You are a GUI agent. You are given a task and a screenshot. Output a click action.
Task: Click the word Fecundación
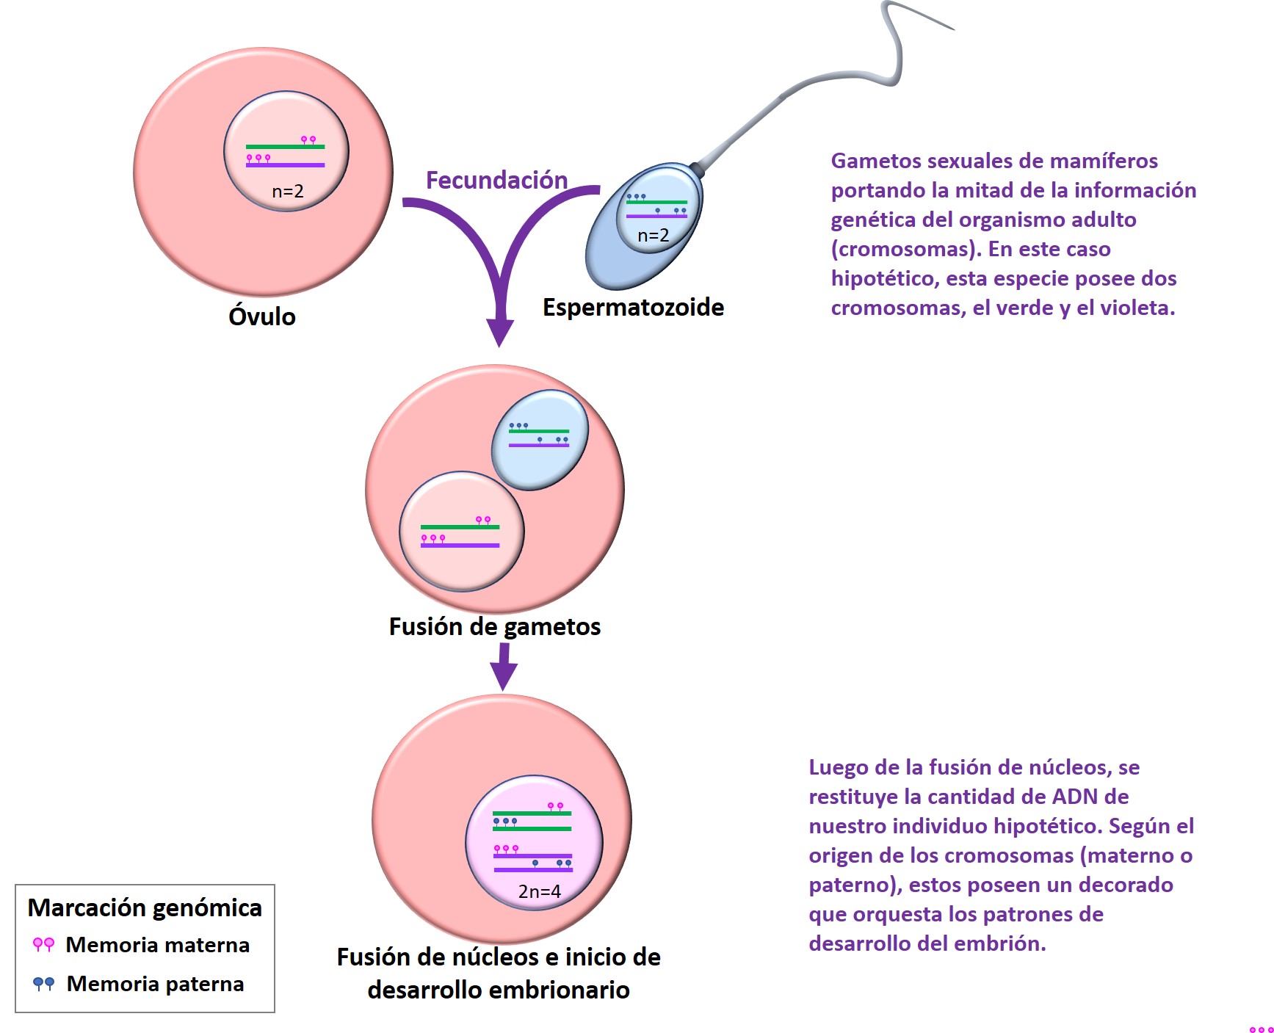coord(496,181)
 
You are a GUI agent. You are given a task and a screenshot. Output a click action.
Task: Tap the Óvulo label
coord(262,317)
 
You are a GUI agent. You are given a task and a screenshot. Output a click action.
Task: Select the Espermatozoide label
coord(633,308)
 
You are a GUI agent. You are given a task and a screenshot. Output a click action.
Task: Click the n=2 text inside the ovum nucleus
coord(288,192)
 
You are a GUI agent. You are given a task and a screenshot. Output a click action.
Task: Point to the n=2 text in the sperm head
coord(653,236)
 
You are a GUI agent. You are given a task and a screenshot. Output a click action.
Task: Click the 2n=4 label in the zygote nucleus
coord(539,891)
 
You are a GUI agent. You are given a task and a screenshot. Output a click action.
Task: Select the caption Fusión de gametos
coord(494,627)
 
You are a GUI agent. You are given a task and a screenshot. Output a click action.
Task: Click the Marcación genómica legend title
coord(145,908)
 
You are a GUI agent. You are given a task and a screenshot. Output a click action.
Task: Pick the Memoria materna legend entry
coord(157,945)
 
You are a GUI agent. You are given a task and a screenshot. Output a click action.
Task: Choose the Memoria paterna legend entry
coord(155,984)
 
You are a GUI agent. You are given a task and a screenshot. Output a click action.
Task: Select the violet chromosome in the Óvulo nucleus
coord(285,165)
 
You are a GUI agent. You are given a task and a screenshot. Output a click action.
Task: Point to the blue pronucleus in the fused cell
coord(540,438)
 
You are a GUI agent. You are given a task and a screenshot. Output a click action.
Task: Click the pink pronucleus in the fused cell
coord(461,532)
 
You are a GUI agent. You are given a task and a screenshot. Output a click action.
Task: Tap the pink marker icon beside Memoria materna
coord(43,945)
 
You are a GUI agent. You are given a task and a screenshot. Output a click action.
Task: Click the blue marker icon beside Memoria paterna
coord(43,984)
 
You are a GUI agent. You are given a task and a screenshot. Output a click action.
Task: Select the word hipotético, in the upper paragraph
coord(884,279)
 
